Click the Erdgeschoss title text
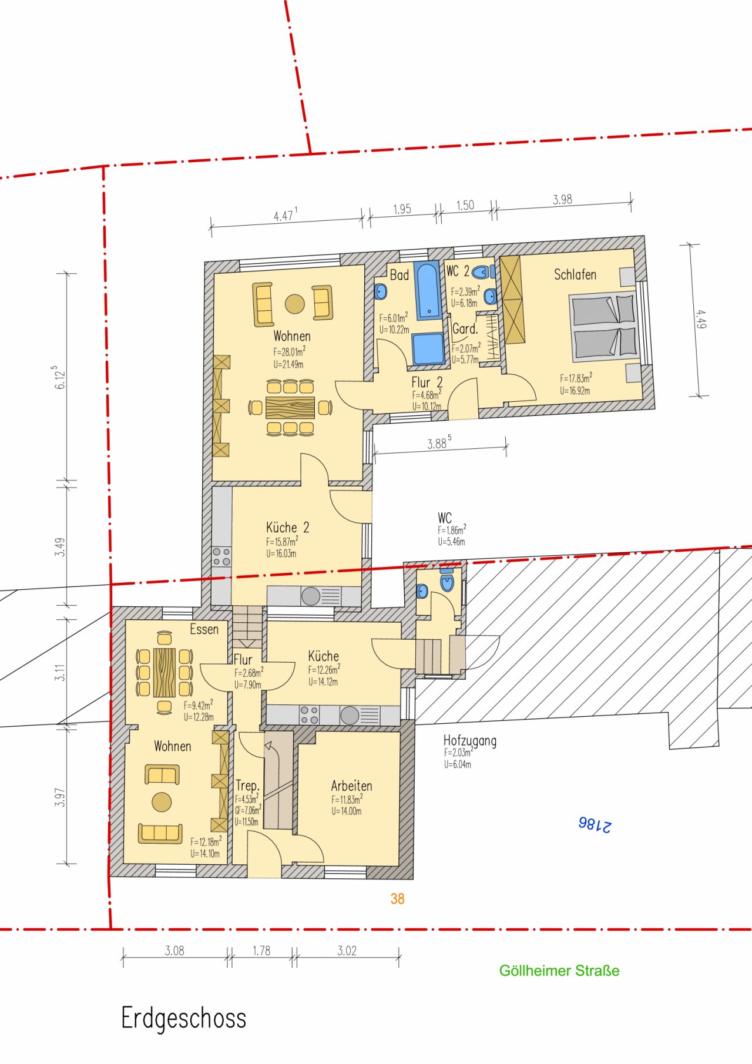(x=183, y=1018)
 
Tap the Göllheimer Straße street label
(x=559, y=971)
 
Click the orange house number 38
(x=397, y=898)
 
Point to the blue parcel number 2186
(x=595, y=824)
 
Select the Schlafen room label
(x=575, y=274)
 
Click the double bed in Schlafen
(x=603, y=327)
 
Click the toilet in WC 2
(x=482, y=271)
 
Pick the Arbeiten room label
(x=351, y=786)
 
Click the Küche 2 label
(x=287, y=527)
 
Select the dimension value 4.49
(x=700, y=319)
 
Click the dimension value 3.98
(x=562, y=199)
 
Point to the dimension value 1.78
(x=261, y=950)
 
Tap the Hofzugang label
(x=469, y=741)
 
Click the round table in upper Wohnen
(x=295, y=304)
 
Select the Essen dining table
(x=164, y=672)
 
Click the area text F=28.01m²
(x=289, y=351)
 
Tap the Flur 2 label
(x=427, y=382)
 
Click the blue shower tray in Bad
(x=428, y=348)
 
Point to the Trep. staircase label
(x=247, y=786)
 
